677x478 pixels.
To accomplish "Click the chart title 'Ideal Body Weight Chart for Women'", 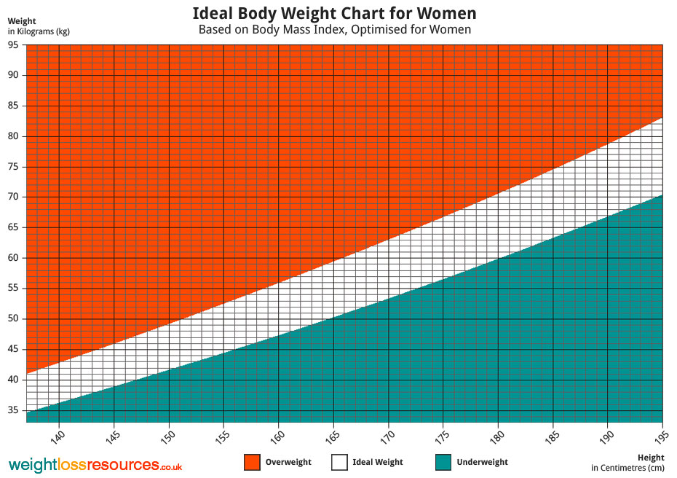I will click(335, 13).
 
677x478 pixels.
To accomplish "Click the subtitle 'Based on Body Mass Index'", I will click(335, 30).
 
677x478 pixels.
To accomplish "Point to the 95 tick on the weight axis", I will click(14, 44).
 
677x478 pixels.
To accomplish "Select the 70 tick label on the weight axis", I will click(14, 197).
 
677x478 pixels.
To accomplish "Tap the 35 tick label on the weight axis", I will click(14, 410).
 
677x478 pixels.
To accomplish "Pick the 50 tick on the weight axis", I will click(14, 318).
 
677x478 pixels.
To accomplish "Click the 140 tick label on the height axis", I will click(59, 437).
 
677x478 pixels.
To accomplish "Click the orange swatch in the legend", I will click(252, 462).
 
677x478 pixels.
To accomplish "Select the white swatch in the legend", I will click(339, 462).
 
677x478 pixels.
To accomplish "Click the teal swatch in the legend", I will click(443, 462).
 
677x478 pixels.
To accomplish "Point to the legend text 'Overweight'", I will click(288, 462).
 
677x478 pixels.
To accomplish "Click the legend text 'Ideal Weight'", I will click(377, 462).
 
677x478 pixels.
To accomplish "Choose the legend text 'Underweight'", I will click(483, 462).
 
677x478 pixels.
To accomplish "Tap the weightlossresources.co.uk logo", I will click(95, 465).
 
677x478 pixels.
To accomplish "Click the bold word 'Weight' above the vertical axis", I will click(22, 21).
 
